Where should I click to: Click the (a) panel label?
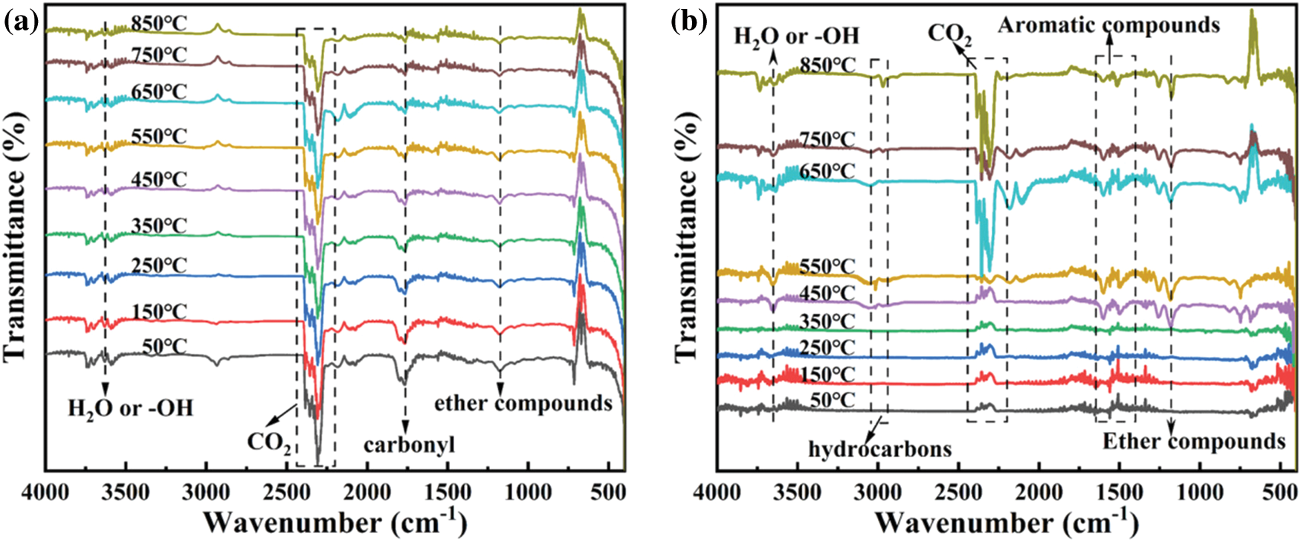click(22, 22)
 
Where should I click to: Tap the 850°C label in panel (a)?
click(159, 23)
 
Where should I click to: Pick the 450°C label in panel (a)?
click(159, 180)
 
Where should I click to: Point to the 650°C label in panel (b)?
click(827, 172)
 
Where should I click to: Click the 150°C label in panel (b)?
click(827, 374)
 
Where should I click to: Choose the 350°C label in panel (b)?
click(827, 321)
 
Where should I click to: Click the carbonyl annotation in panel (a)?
click(409, 445)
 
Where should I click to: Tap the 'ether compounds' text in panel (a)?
click(523, 403)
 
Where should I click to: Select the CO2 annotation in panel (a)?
click(268, 443)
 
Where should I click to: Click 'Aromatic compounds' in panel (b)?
click(1108, 25)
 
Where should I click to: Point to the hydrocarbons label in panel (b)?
click(880, 448)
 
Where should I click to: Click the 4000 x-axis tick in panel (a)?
click(46, 492)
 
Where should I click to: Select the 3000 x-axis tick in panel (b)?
click(879, 492)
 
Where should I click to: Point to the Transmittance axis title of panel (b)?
click(687, 236)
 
